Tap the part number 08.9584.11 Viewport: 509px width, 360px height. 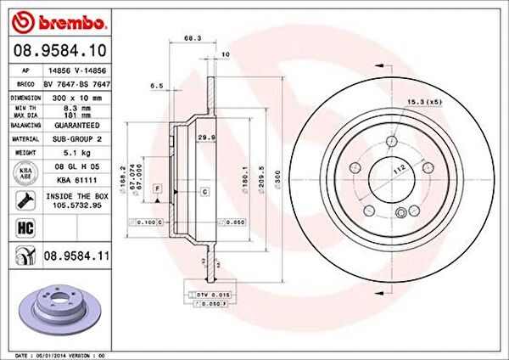[79, 254]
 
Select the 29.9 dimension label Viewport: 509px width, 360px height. [204, 136]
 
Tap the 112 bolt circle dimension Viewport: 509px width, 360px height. [397, 168]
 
